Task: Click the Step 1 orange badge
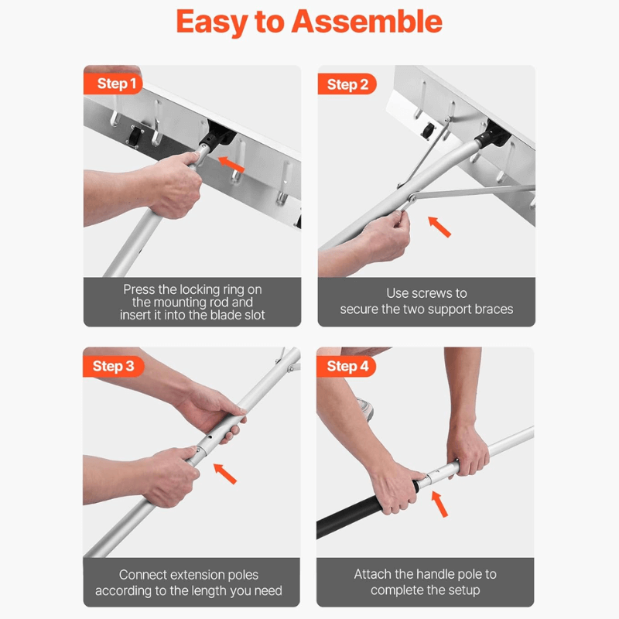pyautogui.click(x=114, y=84)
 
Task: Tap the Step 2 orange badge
pyautogui.click(x=347, y=84)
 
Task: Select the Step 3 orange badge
pyautogui.click(x=114, y=365)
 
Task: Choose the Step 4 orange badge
pyautogui.click(x=347, y=365)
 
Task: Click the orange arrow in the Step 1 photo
pyautogui.click(x=232, y=163)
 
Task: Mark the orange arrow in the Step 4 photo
pyautogui.click(x=439, y=505)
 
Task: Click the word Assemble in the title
pyautogui.click(x=369, y=23)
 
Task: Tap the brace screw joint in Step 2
pyautogui.click(x=413, y=199)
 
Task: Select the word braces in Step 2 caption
pyautogui.click(x=491, y=309)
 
